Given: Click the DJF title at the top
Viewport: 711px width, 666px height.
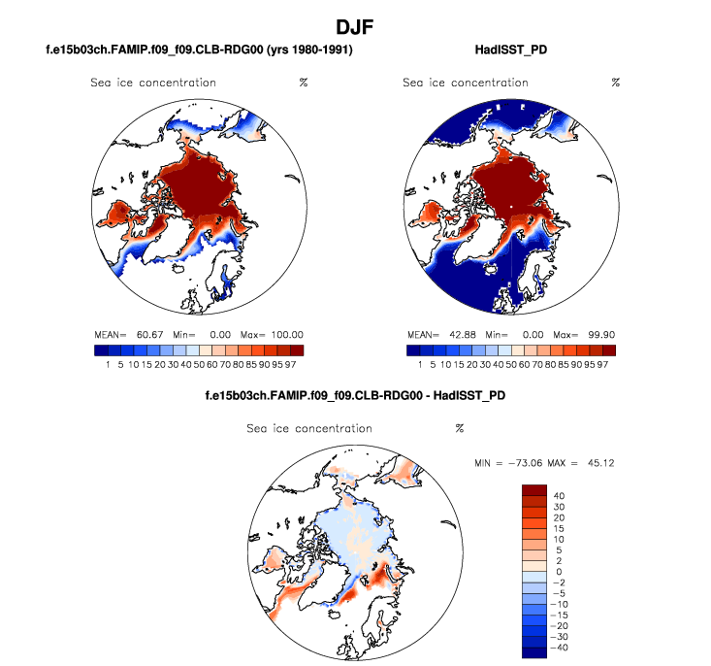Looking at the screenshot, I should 355,25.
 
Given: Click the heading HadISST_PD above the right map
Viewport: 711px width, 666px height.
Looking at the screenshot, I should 510,50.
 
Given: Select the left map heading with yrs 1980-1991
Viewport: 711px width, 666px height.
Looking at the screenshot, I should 198,50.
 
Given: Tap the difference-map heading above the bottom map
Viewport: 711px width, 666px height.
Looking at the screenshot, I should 355,396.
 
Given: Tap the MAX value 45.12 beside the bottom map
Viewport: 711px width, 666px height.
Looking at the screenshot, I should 601,462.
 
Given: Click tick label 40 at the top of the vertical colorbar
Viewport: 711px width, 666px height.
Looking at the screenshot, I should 560,495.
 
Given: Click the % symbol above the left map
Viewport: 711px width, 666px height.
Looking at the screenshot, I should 303,83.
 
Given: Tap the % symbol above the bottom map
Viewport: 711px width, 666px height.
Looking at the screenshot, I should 460,428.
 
